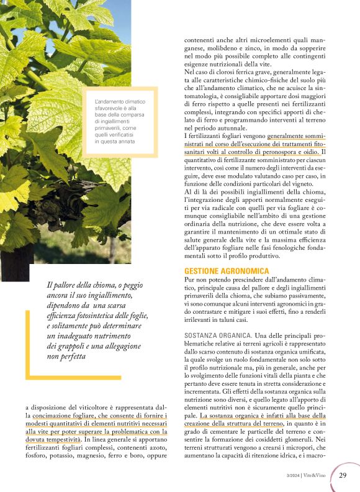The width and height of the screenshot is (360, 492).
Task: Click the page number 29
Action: (343, 476)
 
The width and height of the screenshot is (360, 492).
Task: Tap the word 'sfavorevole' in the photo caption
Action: (110, 107)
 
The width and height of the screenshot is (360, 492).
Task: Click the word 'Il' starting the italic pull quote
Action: (49, 285)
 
